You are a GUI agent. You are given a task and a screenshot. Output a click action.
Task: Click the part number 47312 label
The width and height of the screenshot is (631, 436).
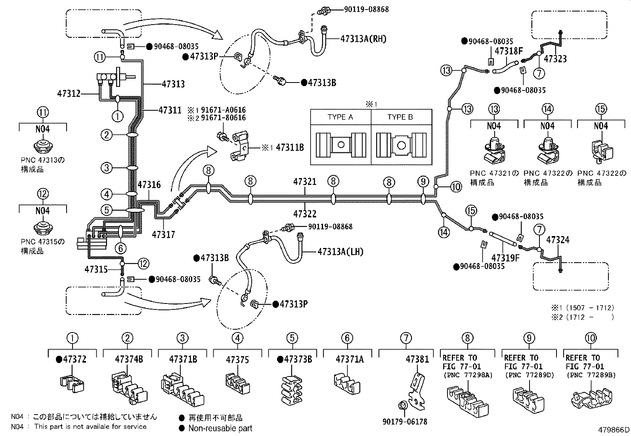point(69,94)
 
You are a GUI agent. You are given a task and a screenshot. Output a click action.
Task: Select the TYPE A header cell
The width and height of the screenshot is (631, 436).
point(340,117)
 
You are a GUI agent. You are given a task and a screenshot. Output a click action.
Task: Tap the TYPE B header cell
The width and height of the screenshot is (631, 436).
point(400,117)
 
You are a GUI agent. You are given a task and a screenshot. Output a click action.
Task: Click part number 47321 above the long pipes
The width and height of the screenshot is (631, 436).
point(305,182)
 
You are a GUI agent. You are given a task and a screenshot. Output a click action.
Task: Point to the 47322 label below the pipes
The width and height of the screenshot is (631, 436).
point(305,214)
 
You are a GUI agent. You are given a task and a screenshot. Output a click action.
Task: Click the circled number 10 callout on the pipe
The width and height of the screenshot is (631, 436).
point(456,186)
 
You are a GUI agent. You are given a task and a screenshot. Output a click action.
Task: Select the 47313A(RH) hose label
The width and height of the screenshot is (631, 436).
point(363,38)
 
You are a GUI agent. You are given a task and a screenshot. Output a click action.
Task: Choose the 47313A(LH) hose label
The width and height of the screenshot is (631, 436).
point(340,252)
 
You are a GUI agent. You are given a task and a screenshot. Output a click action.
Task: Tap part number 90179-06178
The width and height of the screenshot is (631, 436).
point(405,422)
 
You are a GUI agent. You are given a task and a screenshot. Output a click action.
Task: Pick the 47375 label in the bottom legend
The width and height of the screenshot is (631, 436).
point(237,360)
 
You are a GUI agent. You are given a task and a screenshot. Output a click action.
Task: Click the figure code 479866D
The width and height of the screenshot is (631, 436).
point(614,430)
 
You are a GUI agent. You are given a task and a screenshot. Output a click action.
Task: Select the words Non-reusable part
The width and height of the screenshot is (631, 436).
point(220,428)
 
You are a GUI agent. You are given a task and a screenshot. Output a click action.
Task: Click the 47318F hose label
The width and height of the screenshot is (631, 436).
point(509,51)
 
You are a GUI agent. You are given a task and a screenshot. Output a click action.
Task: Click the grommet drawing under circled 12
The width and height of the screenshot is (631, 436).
point(42,227)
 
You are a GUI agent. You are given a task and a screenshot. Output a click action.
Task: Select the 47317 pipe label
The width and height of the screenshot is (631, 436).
point(163,234)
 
